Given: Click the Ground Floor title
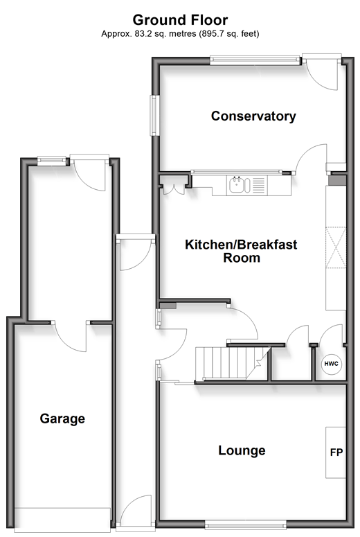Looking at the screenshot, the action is [x=180, y=20].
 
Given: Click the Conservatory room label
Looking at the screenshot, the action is [x=253, y=116].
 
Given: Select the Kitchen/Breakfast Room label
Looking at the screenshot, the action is [x=241, y=251].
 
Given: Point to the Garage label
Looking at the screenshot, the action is [x=62, y=419].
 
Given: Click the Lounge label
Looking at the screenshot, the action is [x=242, y=450].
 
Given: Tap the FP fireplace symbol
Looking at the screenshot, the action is [x=336, y=452].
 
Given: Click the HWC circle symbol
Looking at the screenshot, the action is [x=331, y=364].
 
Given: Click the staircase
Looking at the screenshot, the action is [x=233, y=363].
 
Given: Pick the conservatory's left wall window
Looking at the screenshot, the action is [x=154, y=116].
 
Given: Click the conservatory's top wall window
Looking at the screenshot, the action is [x=255, y=60].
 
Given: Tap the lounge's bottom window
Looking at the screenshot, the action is [x=245, y=525].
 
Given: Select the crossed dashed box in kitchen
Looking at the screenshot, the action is [x=336, y=247].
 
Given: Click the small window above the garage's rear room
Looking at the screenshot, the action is [x=51, y=161].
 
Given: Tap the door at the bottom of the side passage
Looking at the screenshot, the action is [x=136, y=513].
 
